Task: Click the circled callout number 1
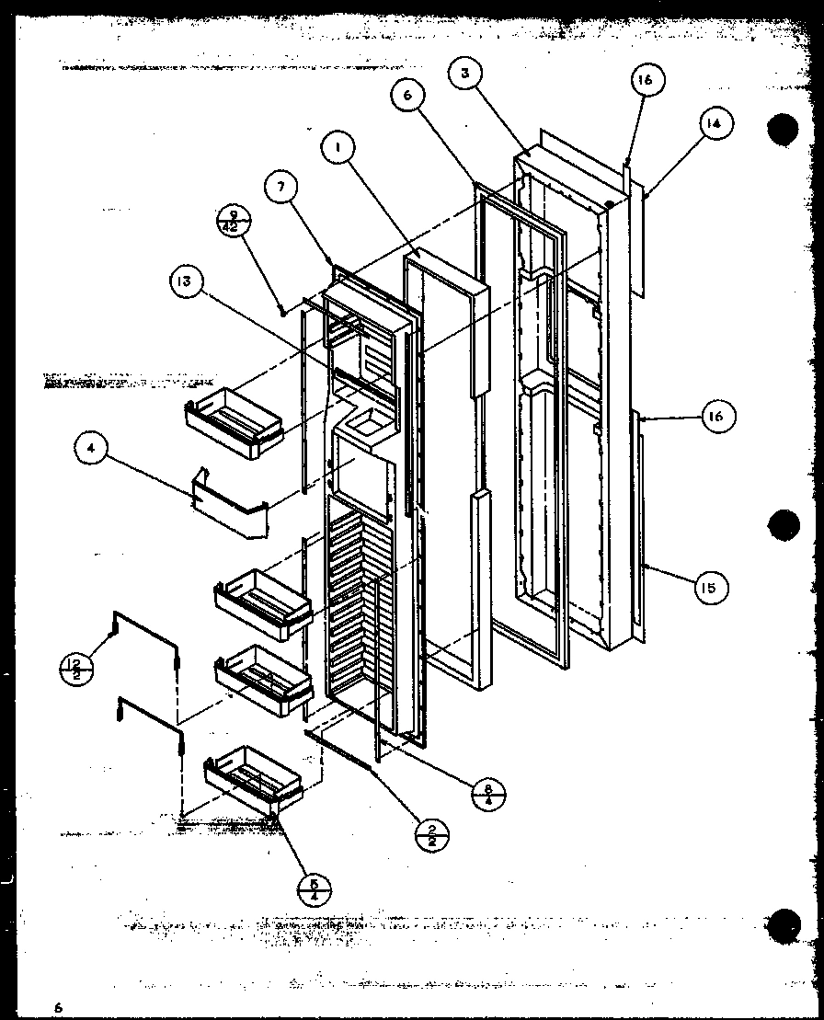click(338, 148)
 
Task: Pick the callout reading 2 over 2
click(431, 834)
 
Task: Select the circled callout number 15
click(709, 587)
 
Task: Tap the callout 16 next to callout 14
click(645, 81)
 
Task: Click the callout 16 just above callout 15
click(715, 417)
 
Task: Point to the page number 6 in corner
click(57, 1007)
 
